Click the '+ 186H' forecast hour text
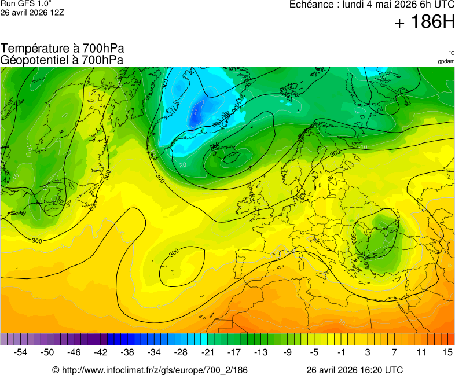point(424,23)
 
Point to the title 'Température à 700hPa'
point(62,49)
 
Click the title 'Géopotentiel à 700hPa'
point(62,59)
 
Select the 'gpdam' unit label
point(446,61)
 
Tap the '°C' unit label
point(451,53)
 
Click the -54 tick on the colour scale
point(21,352)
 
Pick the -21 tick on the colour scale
point(207,352)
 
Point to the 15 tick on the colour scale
point(447,352)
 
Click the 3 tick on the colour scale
point(367,352)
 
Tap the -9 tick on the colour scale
point(287,352)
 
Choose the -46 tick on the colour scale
point(74,352)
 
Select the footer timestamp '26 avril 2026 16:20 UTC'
point(354,370)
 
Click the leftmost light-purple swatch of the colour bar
point(4,339)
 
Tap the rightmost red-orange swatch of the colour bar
point(451,339)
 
